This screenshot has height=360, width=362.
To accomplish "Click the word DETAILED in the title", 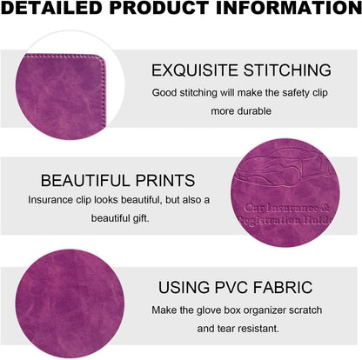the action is click(53, 8).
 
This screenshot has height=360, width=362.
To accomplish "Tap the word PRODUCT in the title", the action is click(159, 8).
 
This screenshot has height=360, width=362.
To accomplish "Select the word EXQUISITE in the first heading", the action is click(195, 70).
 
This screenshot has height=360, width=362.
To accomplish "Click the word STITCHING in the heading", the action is click(287, 70).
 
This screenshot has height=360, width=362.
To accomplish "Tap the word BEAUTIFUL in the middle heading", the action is click(86, 181).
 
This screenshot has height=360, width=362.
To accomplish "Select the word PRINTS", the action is click(165, 181).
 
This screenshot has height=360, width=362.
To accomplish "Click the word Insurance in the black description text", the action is click(50, 200).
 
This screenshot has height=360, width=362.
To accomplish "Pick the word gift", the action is click(141, 218).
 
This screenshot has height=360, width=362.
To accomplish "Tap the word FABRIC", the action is click(283, 287).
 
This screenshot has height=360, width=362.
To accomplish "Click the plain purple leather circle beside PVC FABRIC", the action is click(70, 303).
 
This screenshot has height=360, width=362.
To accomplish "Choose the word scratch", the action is click(305, 310).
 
